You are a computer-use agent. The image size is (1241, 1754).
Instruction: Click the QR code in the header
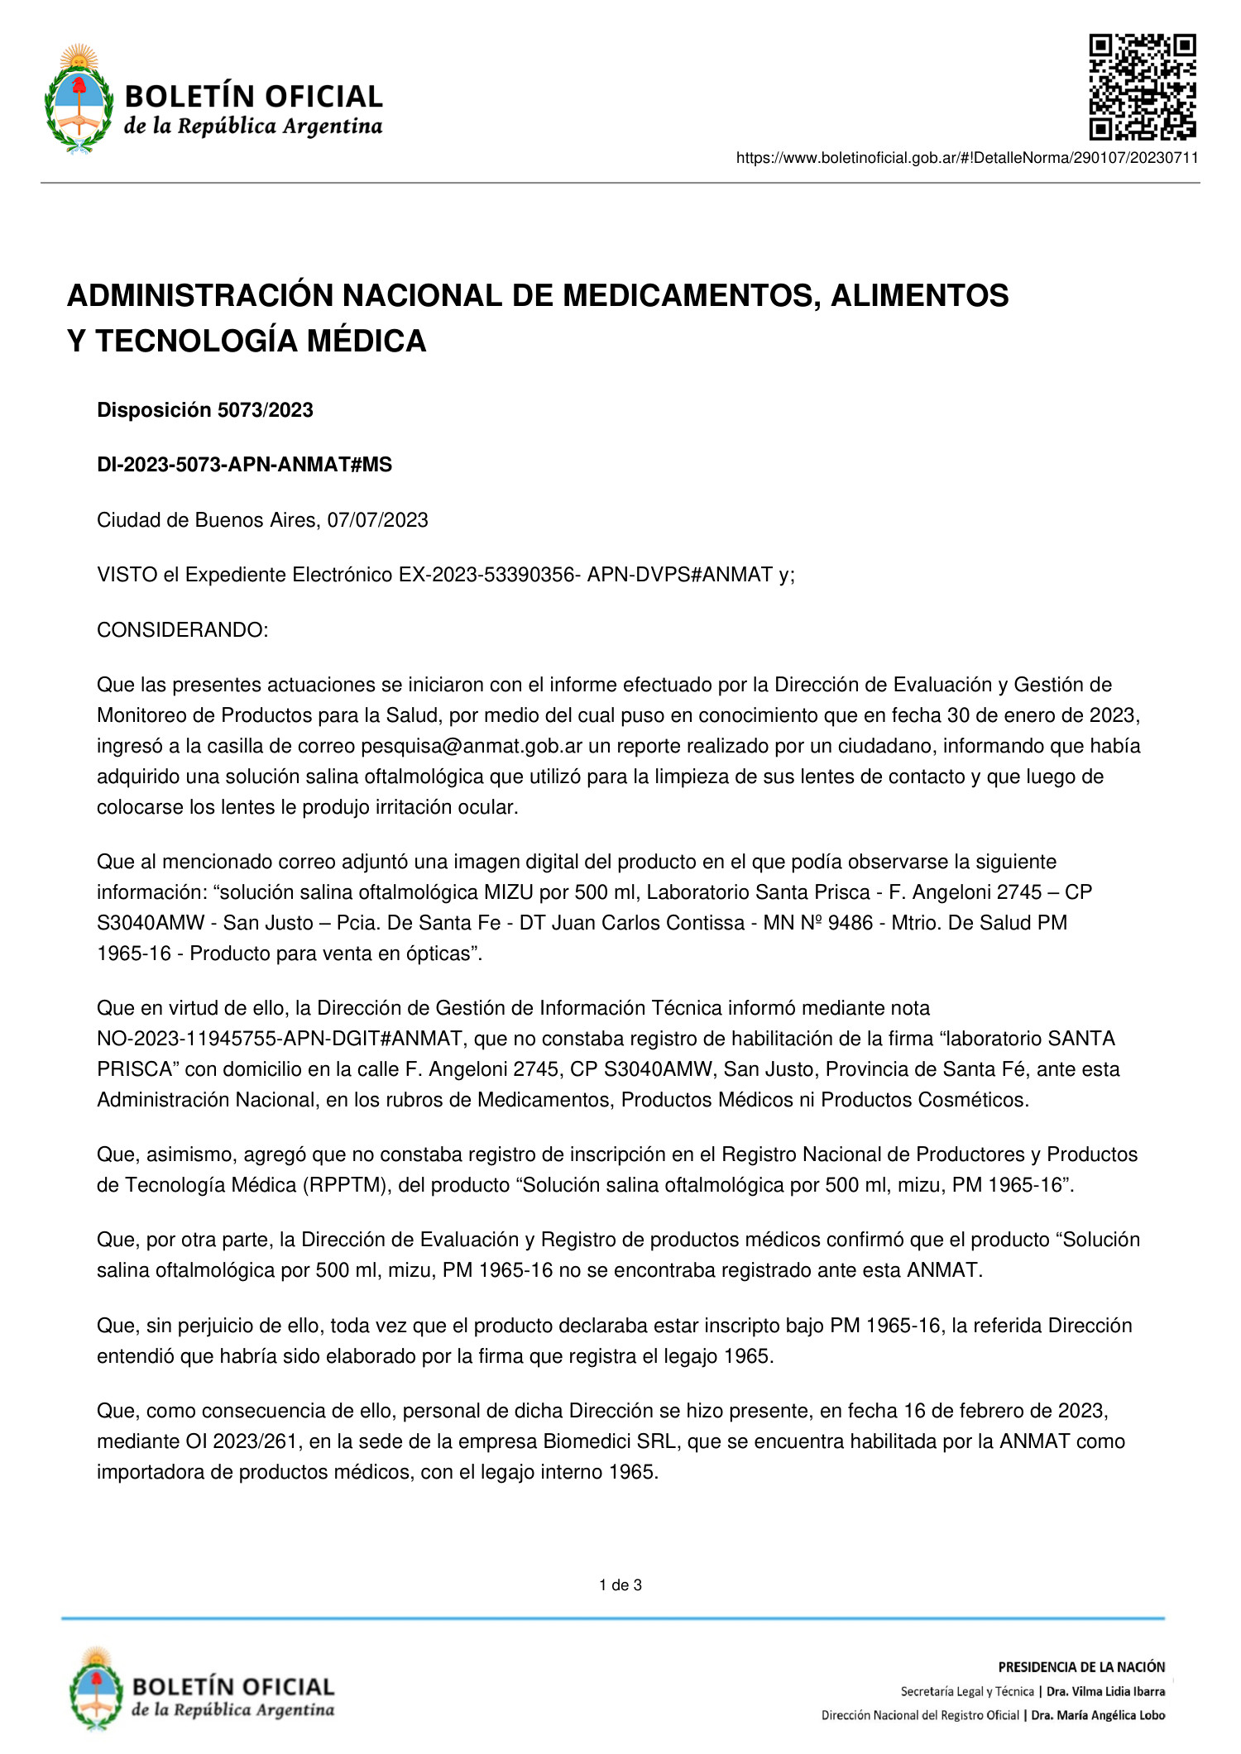[1142, 87]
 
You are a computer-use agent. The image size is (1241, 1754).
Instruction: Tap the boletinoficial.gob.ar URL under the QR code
[966, 158]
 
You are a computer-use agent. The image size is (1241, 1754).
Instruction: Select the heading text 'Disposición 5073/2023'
[204, 410]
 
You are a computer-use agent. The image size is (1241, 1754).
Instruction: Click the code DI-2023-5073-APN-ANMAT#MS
[244, 465]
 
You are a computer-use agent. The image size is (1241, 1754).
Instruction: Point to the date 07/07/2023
[377, 520]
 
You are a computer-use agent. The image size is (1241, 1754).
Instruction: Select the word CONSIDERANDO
[181, 630]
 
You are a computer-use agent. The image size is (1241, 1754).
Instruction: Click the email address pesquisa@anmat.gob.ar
[472, 746]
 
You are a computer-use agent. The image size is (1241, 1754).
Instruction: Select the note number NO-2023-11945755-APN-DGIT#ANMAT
[280, 1039]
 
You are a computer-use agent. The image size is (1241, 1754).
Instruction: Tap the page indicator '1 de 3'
[620, 1585]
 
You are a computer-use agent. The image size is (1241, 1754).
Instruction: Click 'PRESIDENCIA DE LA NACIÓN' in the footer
[1081, 1667]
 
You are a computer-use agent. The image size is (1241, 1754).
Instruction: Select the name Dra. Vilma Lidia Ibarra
[1105, 1691]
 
